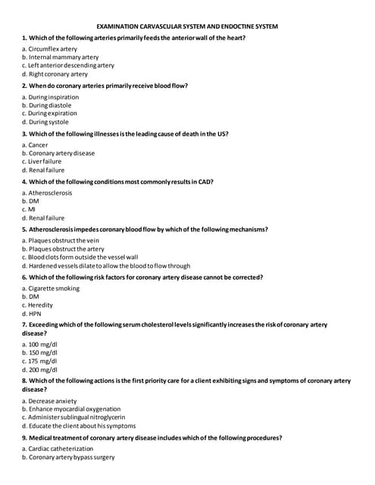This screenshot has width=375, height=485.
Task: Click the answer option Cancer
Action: pyautogui.click(x=37, y=145)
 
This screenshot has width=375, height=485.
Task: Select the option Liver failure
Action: pyautogui.click(x=45, y=161)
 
